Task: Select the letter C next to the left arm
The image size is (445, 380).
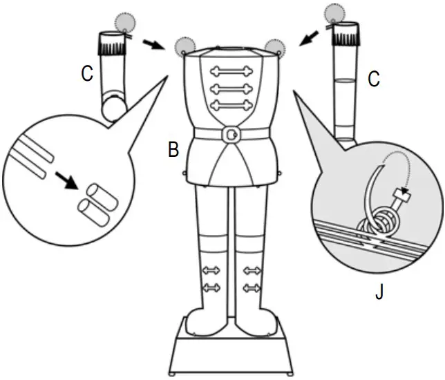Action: point(86,74)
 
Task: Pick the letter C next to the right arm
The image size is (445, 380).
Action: point(374,79)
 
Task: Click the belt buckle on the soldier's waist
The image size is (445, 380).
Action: point(233,133)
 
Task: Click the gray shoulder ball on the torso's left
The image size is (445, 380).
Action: point(184,46)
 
